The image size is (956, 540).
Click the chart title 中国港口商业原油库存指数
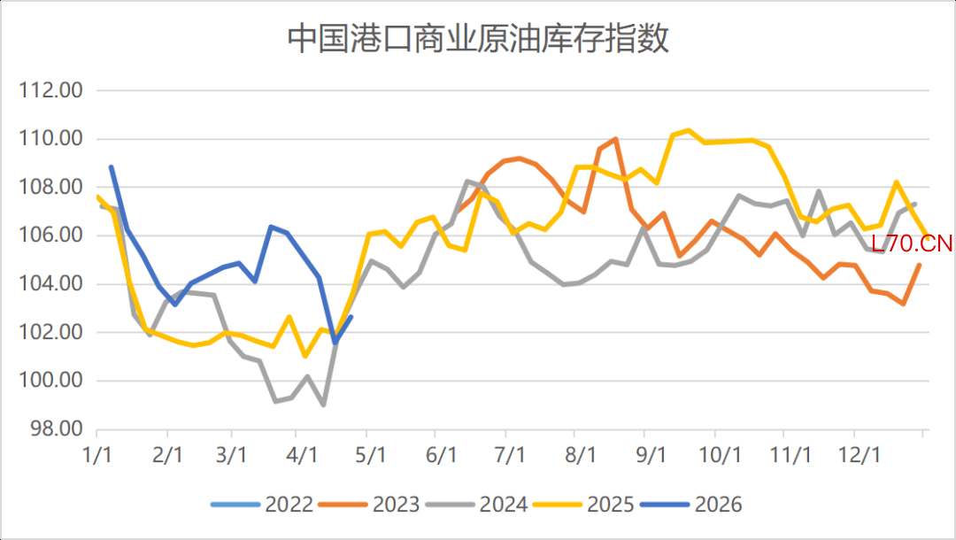click(478, 40)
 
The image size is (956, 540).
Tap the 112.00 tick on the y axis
click(50, 90)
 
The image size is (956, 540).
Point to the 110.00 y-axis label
click(50, 139)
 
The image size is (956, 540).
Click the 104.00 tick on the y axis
click(50, 284)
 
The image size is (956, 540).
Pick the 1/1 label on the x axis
click(96, 455)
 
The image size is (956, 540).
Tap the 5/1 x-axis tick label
click(371, 455)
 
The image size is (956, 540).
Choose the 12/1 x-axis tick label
click(854, 455)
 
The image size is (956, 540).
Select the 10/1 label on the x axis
click(720, 455)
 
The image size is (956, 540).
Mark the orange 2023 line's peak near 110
click(615, 139)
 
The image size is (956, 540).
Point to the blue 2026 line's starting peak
click(112, 166)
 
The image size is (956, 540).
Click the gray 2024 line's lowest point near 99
click(324, 405)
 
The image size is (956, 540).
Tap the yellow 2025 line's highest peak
click(688, 131)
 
